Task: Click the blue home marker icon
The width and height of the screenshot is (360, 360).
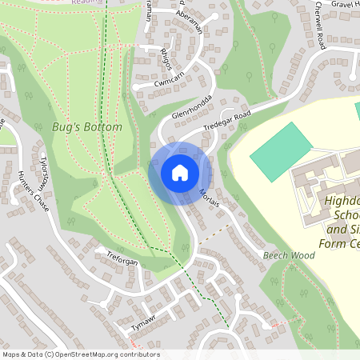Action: click(x=179, y=173)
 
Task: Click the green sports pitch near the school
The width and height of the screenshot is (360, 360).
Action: click(x=281, y=151)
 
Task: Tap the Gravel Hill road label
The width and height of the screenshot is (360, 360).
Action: click(x=340, y=4)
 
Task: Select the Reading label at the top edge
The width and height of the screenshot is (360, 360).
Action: click(x=86, y=2)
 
